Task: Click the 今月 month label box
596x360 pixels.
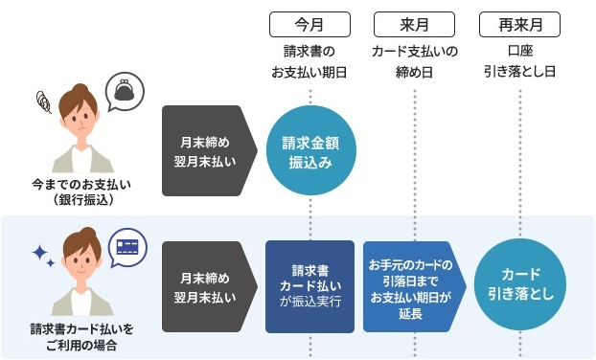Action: (310, 22)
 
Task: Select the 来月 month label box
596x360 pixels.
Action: (415, 22)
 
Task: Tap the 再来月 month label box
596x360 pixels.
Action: (519, 22)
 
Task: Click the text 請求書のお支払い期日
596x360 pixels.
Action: (310, 59)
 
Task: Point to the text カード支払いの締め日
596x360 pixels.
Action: (415, 59)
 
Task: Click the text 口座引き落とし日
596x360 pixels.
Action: (519, 59)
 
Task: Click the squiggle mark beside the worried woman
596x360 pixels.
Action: (41, 99)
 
